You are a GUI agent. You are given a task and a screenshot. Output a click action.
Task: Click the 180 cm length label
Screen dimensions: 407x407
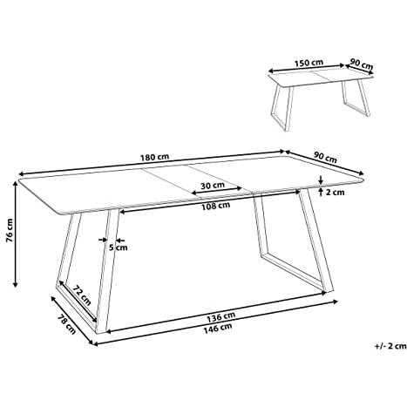tap(154, 157)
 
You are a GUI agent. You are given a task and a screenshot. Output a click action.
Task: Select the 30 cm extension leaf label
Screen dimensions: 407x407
tap(213, 185)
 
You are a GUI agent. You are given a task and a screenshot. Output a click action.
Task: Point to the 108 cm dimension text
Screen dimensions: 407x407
tap(215, 206)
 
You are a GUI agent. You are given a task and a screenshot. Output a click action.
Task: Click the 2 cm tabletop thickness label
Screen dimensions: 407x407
tap(335, 193)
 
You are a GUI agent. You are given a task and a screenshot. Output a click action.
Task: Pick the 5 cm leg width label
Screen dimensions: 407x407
tap(119, 248)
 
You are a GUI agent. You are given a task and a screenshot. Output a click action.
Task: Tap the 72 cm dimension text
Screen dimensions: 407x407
tap(82, 295)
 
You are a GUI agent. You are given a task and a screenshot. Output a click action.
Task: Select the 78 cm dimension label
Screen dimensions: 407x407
tap(66, 324)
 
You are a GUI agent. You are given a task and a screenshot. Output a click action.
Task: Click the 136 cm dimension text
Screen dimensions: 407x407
tap(221, 317)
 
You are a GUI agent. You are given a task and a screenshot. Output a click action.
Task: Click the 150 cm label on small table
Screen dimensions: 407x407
tap(309, 63)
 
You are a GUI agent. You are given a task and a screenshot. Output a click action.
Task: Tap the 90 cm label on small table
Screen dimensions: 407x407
tap(361, 64)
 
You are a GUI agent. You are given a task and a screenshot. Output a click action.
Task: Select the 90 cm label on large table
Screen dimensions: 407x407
tap(325, 158)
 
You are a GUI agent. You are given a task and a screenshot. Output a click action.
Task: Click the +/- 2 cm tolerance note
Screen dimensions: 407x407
tap(390, 346)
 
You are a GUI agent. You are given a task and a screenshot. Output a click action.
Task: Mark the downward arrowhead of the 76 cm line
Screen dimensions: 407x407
tap(16, 284)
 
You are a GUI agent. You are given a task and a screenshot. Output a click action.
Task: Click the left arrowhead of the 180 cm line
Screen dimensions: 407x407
tap(22, 174)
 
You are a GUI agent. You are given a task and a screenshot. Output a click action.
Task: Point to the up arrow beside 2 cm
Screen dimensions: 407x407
tap(321, 193)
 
